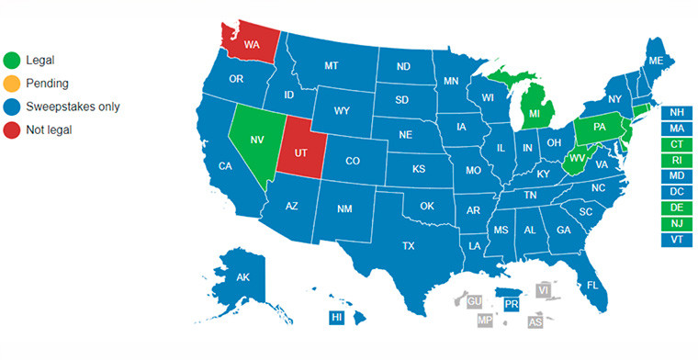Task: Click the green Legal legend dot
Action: [12, 60]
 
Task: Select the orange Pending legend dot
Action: [12, 84]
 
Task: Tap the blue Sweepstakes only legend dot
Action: [12, 107]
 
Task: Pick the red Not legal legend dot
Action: [12, 130]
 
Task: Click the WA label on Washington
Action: [251, 43]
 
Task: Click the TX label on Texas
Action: [409, 245]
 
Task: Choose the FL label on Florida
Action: [592, 285]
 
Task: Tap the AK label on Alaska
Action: [243, 277]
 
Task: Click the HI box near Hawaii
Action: [337, 317]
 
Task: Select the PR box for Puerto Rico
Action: [512, 302]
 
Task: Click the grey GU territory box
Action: [475, 301]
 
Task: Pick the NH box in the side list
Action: [677, 112]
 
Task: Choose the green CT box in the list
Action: [677, 144]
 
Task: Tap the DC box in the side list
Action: [677, 191]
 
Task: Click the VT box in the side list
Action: [677, 239]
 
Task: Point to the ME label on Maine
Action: [655, 61]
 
